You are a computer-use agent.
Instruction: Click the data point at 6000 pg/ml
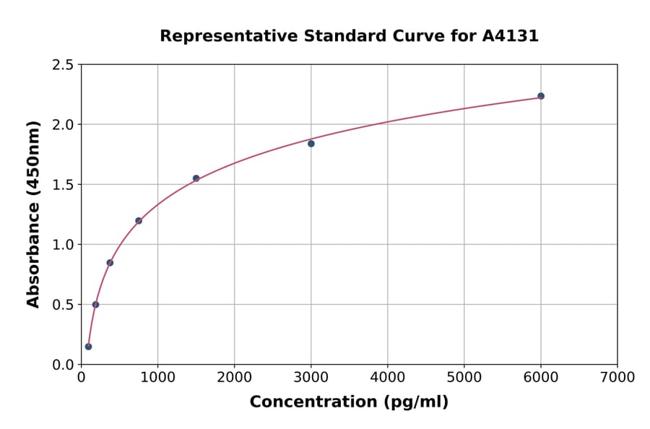click(540, 96)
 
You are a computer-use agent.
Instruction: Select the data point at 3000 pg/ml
click(311, 144)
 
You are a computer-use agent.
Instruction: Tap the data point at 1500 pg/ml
click(196, 178)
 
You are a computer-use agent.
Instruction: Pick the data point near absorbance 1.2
click(139, 221)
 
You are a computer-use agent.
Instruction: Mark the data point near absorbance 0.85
click(110, 263)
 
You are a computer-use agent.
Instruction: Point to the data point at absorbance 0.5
click(95, 305)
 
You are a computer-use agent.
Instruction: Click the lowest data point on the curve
click(88, 347)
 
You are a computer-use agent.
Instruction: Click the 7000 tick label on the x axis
click(617, 378)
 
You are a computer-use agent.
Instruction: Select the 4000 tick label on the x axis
click(387, 378)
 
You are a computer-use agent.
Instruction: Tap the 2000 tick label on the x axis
click(234, 378)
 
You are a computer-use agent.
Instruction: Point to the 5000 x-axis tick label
click(464, 378)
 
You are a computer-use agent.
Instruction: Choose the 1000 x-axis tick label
click(157, 378)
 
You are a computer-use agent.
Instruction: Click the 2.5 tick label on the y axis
click(62, 65)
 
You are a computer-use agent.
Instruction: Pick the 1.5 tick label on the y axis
click(62, 185)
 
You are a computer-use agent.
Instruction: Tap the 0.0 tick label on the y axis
click(62, 365)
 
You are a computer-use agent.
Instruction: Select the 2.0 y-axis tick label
click(62, 125)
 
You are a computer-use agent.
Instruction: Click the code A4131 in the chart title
click(510, 36)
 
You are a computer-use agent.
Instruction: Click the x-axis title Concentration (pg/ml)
click(349, 402)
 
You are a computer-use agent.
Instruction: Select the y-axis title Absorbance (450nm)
click(33, 214)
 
